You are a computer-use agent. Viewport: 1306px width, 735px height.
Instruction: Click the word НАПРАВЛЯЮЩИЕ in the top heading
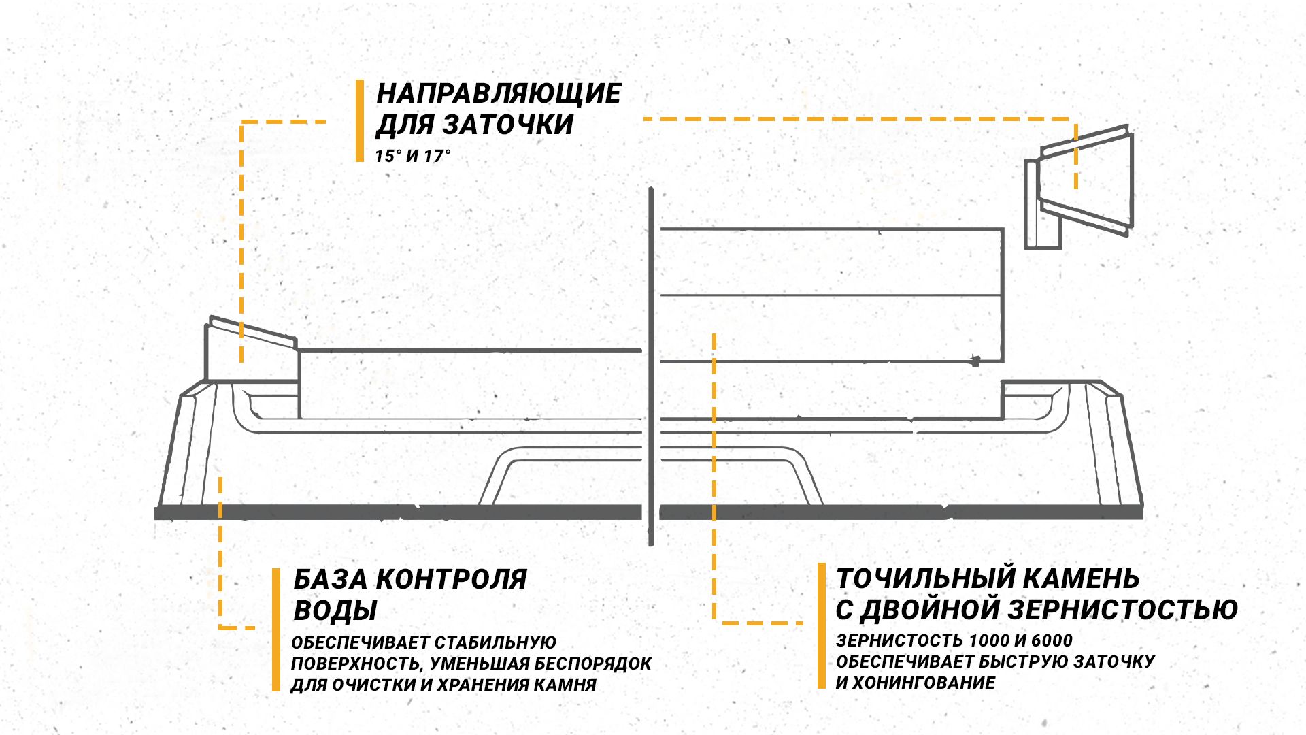click(x=499, y=93)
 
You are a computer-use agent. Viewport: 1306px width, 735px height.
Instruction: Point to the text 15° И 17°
click(x=413, y=157)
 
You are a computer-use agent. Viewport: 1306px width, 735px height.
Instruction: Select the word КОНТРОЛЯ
click(x=452, y=579)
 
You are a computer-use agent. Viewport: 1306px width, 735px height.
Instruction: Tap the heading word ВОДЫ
click(x=335, y=610)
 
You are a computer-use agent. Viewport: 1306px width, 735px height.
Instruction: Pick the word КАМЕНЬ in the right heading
click(x=1082, y=578)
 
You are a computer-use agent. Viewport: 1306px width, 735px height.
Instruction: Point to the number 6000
click(x=1052, y=640)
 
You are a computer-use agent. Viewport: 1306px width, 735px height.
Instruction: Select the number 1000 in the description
click(x=990, y=640)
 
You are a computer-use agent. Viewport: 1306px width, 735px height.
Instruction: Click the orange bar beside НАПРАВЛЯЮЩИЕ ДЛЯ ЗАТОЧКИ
click(x=360, y=121)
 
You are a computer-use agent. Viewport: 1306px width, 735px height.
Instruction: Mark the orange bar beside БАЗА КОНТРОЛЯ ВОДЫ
click(x=276, y=630)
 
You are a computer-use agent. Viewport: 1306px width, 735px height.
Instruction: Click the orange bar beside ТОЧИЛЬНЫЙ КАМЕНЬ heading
click(x=822, y=625)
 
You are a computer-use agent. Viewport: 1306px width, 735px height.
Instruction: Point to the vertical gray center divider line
click(x=651, y=367)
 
